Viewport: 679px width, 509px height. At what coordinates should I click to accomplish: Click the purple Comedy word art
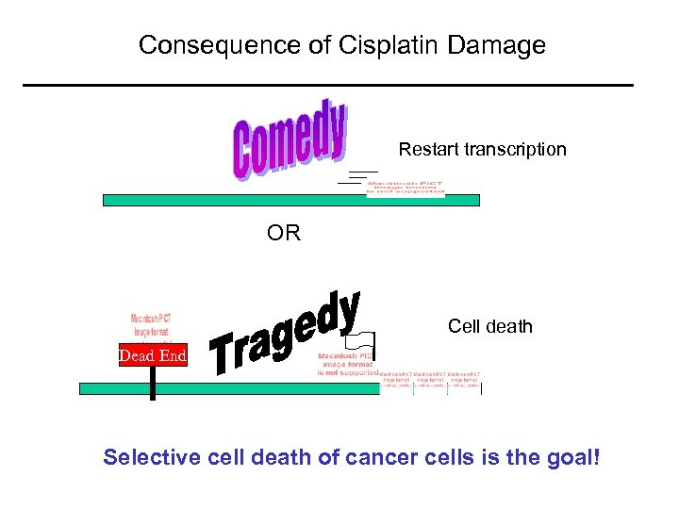pyautogui.click(x=290, y=140)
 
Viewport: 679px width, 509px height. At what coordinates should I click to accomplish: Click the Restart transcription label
pyautogui.click(x=482, y=149)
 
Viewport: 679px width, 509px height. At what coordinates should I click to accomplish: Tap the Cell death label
pyautogui.click(x=490, y=326)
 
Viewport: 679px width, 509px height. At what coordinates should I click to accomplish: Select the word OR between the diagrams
pyautogui.click(x=284, y=233)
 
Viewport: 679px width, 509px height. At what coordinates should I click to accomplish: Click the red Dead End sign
pyautogui.click(x=152, y=355)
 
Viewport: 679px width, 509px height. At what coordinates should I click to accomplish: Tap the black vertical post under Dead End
pyautogui.click(x=152, y=382)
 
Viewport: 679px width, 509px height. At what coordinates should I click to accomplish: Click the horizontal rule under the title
pyautogui.click(x=328, y=86)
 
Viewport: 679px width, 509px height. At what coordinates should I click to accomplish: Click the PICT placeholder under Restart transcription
pyautogui.click(x=406, y=187)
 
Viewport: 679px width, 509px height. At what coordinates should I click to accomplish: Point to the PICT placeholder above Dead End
pyautogui.click(x=150, y=325)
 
